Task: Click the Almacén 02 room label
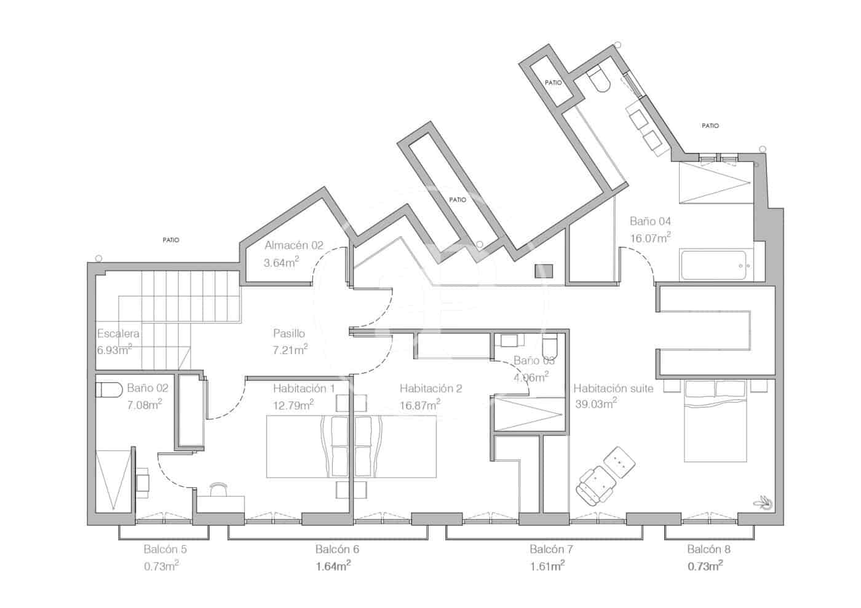pos(294,245)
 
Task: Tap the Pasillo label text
pos(289,333)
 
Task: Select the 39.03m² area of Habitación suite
pos(596,403)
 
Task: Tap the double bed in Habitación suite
pos(715,421)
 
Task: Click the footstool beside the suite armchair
pos(620,462)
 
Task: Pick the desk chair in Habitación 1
pos(219,489)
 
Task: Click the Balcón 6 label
pos(337,549)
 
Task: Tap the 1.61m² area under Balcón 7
pos(547,566)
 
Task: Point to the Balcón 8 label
pos(708,549)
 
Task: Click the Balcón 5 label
pos(165,549)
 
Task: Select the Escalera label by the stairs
pos(118,333)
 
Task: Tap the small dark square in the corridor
pos(544,271)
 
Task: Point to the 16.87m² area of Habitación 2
pos(419,405)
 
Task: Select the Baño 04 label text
pos(650,221)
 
